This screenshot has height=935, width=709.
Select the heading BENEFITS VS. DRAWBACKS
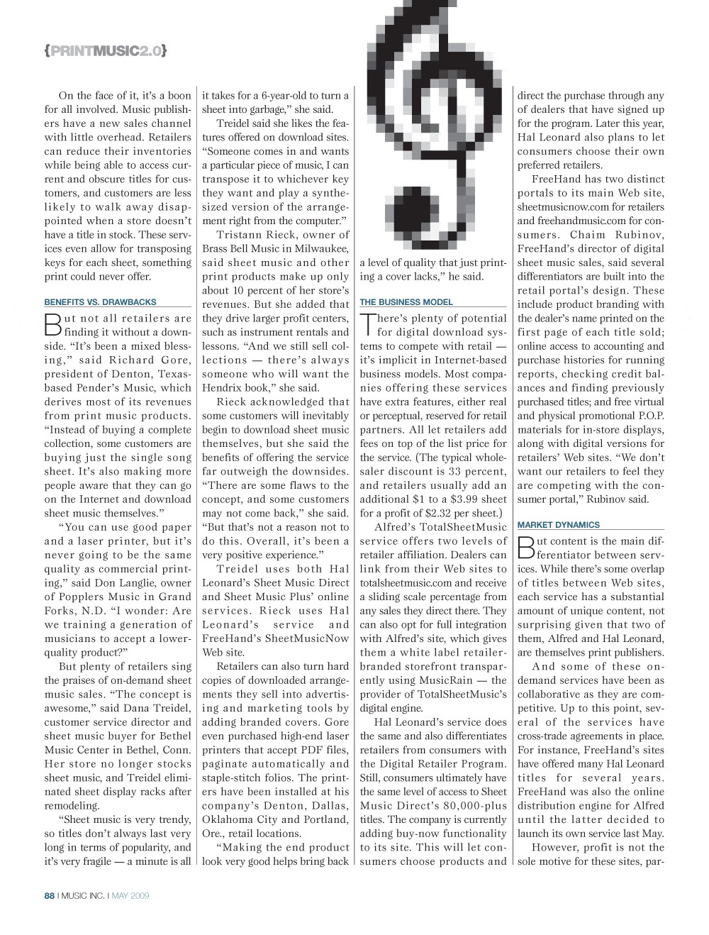tap(100, 301)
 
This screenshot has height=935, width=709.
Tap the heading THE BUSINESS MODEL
tap(406, 301)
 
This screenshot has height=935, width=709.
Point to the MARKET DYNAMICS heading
tap(558, 525)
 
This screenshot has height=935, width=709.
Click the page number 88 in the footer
tap(49, 895)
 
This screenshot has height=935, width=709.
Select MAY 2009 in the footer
tap(130, 895)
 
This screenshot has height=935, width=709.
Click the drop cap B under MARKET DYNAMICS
tap(525, 548)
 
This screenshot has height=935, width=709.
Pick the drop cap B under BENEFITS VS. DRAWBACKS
tap(52, 325)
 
